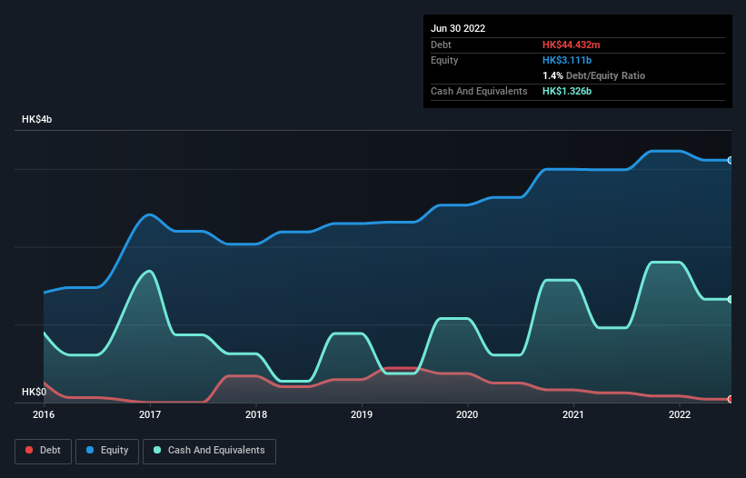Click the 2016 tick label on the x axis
[x=44, y=415]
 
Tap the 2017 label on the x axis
[x=150, y=415]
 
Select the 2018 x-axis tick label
[x=256, y=415]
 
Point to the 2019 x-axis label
[x=362, y=415]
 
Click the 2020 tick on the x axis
[x=468, y=415]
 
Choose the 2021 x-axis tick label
[x=573, y=415]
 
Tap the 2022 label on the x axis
[x=680, y=415]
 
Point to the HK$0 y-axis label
[x=34, y=392]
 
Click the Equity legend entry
[x=107, y=451]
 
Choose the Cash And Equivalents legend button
[x=209, y=451]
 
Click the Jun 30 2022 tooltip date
[x=458, y=28]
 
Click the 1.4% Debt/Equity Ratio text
[x=593, y=75]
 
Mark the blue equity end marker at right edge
[x=731, y=160]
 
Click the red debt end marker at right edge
[x=731, y=399]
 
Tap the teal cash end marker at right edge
[x=731, y=299]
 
